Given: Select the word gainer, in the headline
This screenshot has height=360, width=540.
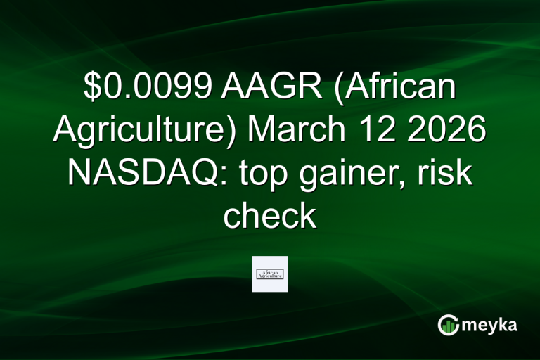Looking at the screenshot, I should click(358, 174).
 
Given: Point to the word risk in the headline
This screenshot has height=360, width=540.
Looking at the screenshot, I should click(448, 174).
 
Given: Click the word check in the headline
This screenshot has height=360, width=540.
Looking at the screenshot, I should click(269, 214).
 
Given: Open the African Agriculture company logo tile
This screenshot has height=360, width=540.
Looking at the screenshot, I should click(269, 274).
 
